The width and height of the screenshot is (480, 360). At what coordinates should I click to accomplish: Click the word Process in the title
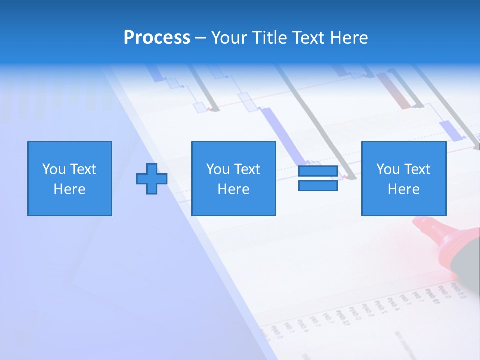[x=157, y=38]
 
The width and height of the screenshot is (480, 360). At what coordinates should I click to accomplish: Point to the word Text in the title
[x=307, y=38]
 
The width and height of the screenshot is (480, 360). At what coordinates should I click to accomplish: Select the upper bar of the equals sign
[x=318, y=171]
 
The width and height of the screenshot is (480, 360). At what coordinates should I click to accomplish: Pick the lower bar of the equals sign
[x=318, y=186]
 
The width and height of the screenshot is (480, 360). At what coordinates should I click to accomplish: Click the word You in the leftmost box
[x=54, y=169]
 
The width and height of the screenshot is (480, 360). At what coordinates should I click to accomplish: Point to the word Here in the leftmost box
[x=70, y=189]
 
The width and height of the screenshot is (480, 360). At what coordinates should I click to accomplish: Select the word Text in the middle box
[x=247, y=169]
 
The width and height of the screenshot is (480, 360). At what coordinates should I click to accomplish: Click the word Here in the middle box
[x=234, y=189]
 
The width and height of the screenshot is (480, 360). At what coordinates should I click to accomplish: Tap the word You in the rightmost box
[x=388, y=169]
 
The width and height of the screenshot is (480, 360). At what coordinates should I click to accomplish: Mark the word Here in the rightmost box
[x=404, y=189]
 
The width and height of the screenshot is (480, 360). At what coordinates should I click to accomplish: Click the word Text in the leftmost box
[x=83, y=169]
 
